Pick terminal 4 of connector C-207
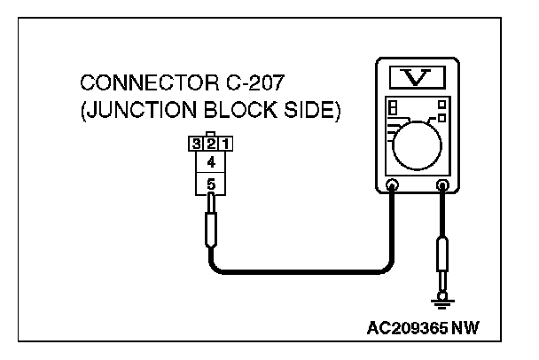click(x=211, y=163)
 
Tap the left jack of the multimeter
click(x=393, y=186)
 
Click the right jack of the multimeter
click(x=442, y=186)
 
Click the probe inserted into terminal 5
click(x=211, y=227)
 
